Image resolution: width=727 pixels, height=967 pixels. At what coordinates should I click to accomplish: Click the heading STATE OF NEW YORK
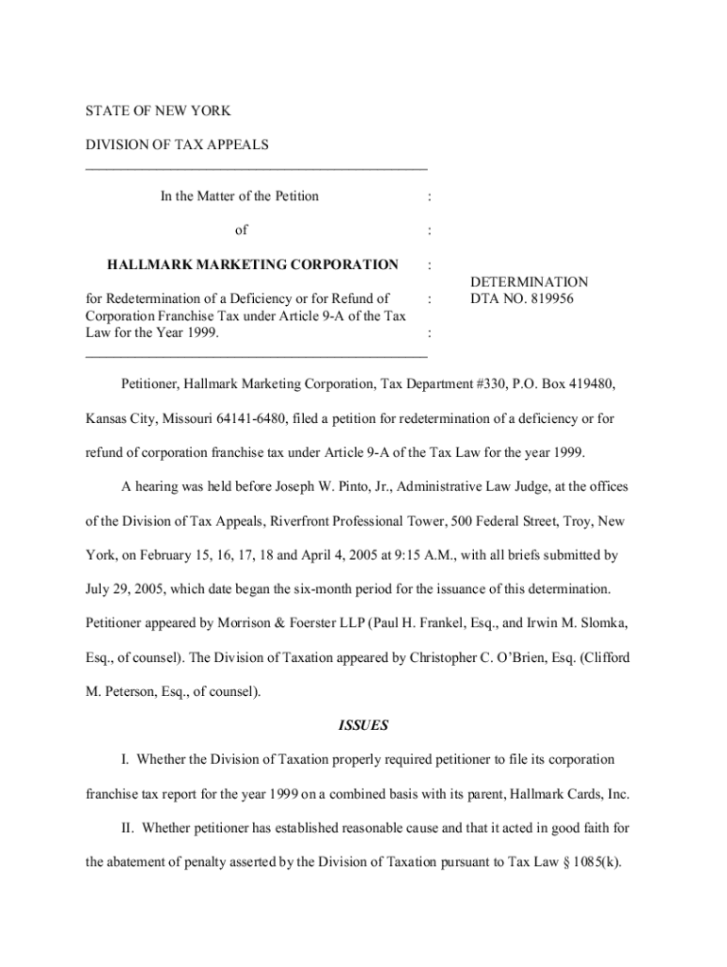coord(158,111)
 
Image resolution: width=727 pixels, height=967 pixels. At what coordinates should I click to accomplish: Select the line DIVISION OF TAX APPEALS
coord(177,144)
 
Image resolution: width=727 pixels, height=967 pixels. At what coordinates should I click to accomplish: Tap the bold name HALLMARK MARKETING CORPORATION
coord(252,263)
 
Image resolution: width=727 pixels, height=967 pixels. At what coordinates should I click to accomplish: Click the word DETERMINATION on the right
coord(529,282)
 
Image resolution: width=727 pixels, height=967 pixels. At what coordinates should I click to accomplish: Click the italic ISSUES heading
coord(363,726)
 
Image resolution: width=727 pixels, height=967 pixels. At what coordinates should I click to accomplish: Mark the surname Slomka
coord(598,622)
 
